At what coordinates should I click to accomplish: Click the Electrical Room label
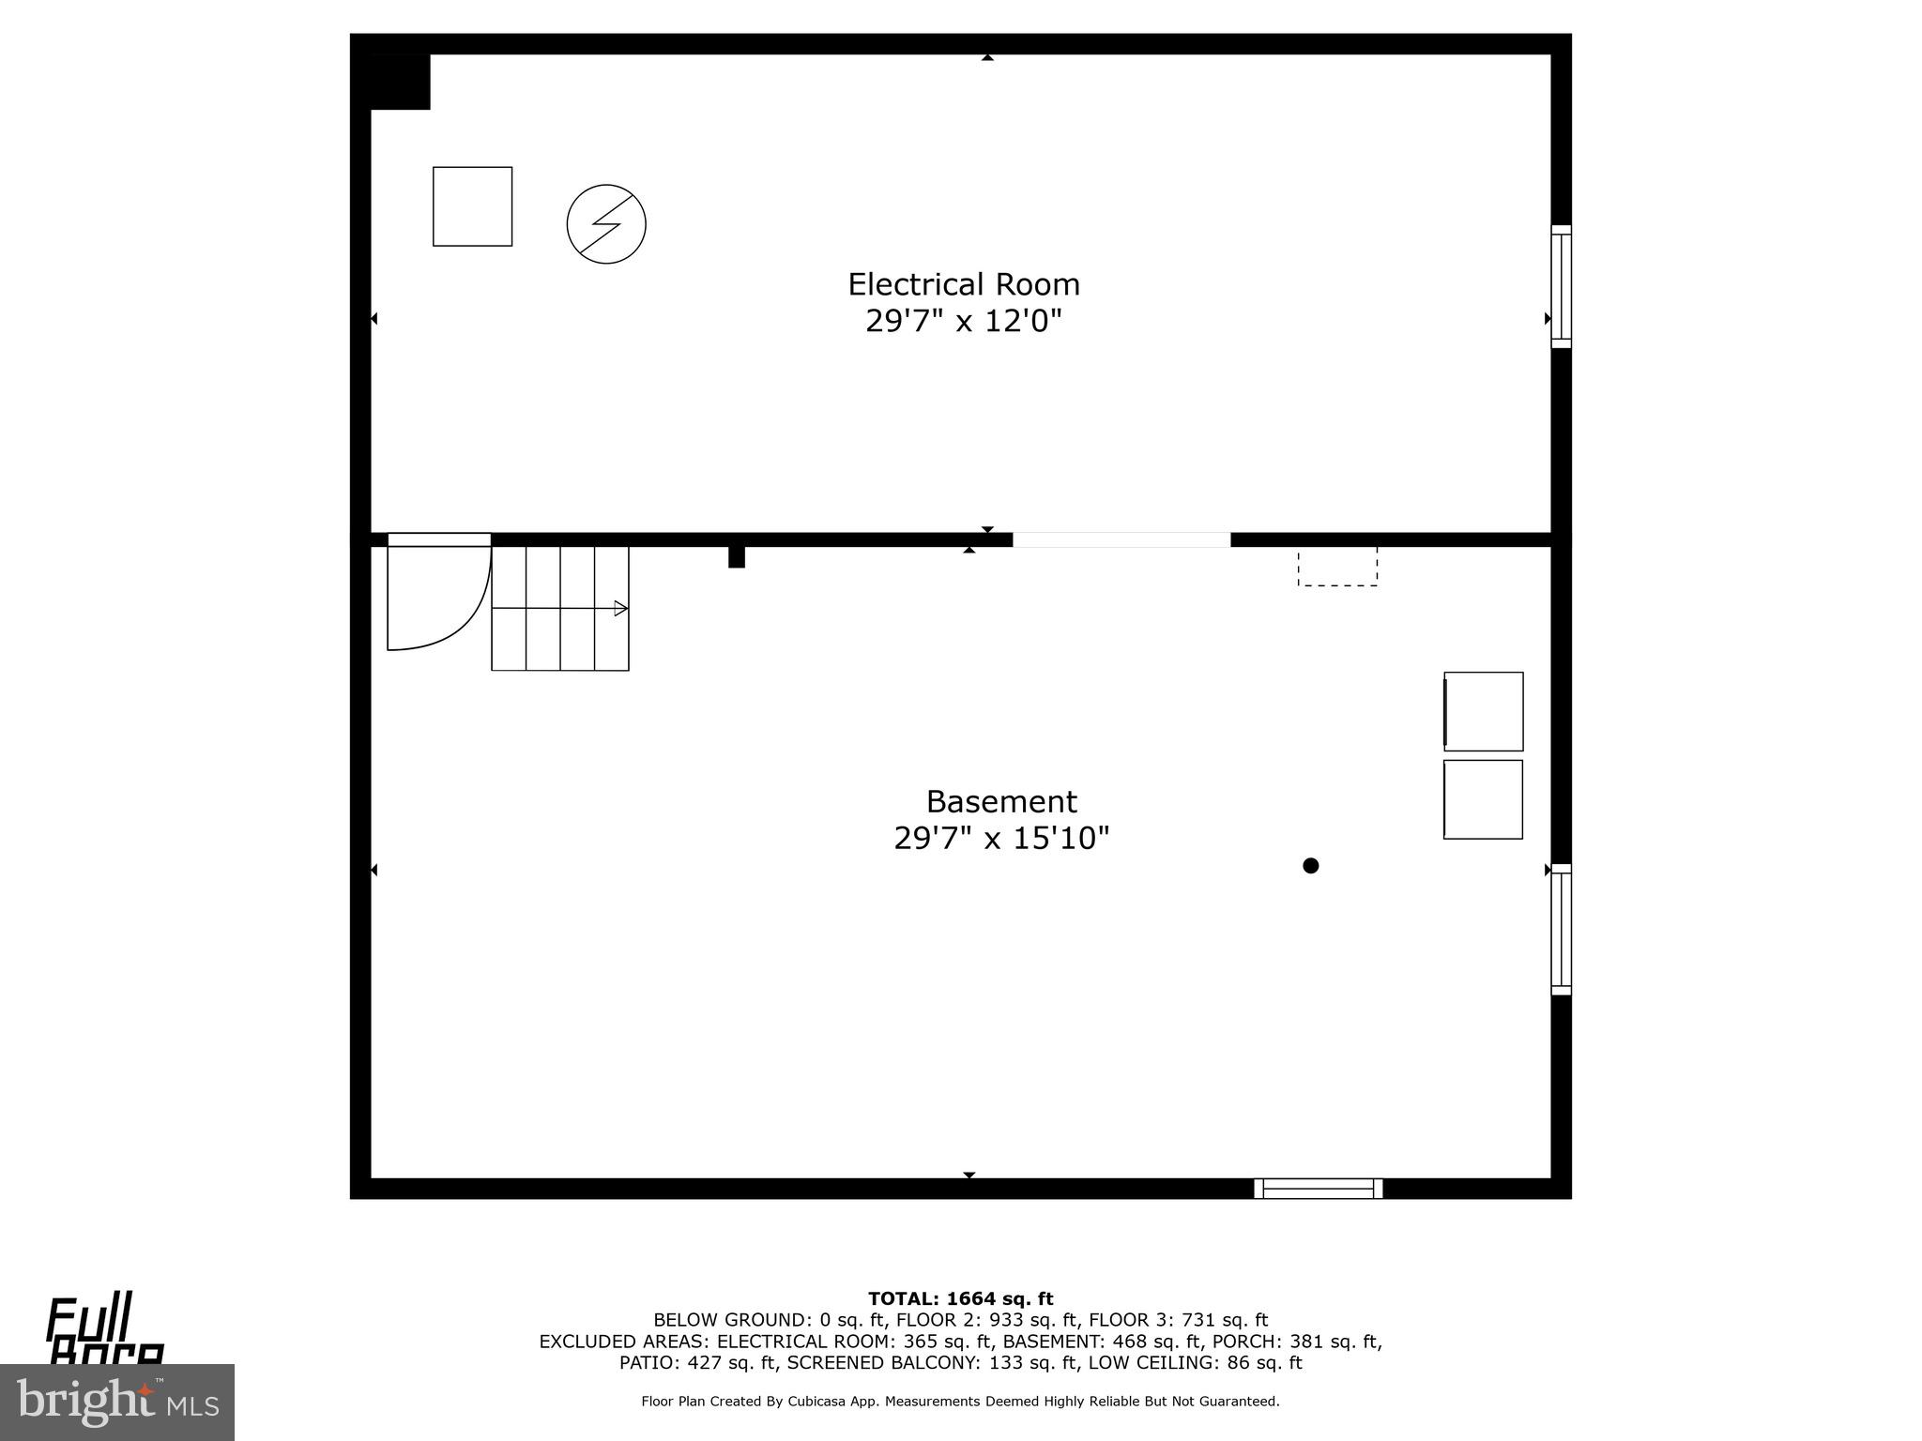(964, 284)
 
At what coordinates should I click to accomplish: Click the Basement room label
(1001, 801)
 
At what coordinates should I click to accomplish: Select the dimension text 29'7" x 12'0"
(964, 322)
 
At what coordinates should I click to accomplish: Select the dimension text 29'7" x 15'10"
(1001, 838)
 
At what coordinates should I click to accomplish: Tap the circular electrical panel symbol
(606, 224)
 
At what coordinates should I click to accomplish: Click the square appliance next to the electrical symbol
(472, 206)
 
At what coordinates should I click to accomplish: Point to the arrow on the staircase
(620, 608)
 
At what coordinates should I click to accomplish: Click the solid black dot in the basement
(1311, 866)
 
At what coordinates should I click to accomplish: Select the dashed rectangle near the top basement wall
(1337, 567)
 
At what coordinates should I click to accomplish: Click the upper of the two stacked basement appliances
(1483, 711)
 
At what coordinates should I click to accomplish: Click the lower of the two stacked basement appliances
(1483, 799)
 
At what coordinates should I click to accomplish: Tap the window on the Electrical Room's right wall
(1561, 286)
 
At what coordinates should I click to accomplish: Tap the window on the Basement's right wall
(1561, 929)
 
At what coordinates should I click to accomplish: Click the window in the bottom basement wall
(1319, 1189)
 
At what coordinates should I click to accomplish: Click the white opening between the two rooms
(1121, 539)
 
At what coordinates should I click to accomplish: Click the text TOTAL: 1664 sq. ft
(960, 1299)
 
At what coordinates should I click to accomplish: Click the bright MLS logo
(116, 1402)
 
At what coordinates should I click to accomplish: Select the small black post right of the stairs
(737, 556)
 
